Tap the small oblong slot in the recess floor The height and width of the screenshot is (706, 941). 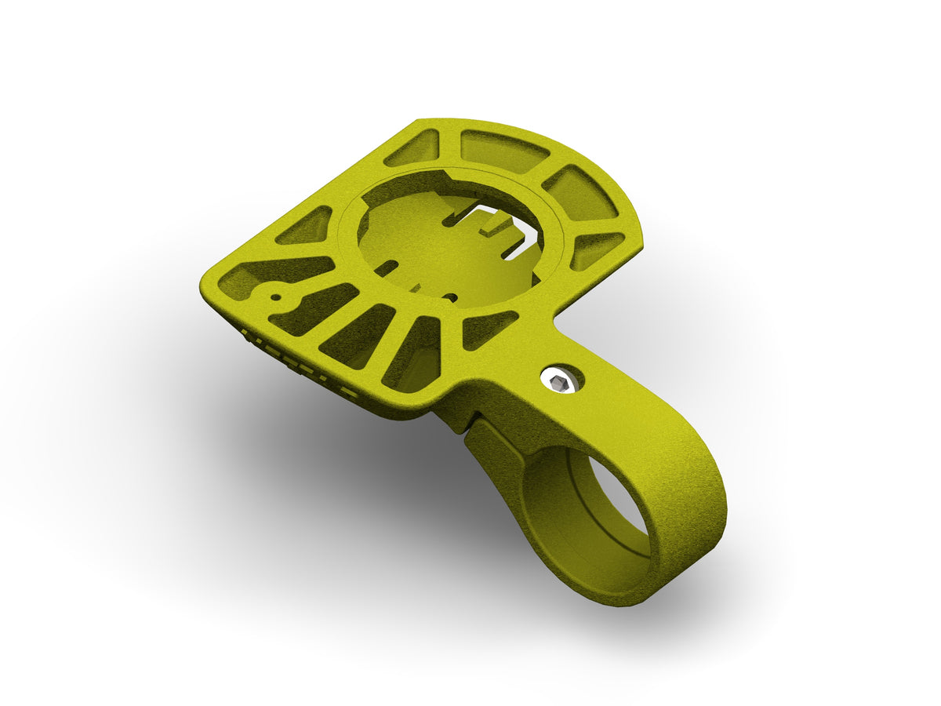pos(383,269)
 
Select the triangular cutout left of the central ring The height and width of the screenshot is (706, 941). pos(306,227)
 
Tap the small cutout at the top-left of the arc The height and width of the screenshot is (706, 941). pos(413,147)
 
